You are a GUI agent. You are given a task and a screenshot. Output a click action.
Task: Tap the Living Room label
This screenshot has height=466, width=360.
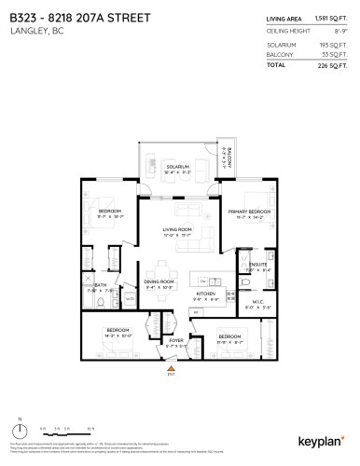click(x=177, y=228)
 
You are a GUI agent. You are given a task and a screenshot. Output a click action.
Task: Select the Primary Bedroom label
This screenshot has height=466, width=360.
click(x=249, y=212)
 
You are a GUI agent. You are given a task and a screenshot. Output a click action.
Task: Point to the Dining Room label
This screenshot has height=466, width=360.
click(x=159, y=281)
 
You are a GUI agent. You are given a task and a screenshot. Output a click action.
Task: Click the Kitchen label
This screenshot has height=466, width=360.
click(x=206, y=294)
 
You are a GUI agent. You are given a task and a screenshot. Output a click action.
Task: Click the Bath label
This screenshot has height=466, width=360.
click(x=101, y=285)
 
